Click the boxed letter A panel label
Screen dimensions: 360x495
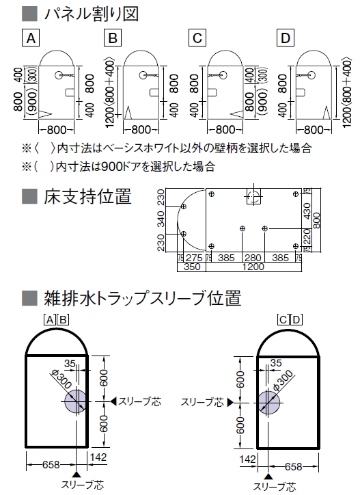pos(31,38)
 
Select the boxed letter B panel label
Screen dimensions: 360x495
pos(113,38)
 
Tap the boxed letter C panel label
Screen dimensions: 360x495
pos(197,38)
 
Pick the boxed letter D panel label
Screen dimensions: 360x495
pos(286,38)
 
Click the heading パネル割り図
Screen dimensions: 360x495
pos(92,14)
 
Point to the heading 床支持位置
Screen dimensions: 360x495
pos(87,196)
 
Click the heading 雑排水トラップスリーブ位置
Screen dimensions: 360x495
pos(143,298)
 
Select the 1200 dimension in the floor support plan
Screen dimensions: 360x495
pos(253,267)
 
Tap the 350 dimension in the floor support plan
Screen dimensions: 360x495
pos(192,267)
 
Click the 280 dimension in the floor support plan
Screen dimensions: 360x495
pos(253,258)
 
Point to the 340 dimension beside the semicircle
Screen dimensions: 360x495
pos(161,219)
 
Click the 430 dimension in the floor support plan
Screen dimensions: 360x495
pos(307,211)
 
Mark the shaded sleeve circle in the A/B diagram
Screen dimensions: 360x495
pos(75,401)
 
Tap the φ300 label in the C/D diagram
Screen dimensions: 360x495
pos(282,381)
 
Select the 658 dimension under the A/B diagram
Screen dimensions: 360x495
pos(51,465)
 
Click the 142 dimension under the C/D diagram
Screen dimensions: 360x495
pos(247,459)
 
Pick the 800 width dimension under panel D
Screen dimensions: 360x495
pos(314,130)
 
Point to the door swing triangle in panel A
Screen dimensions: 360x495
pos(45,114)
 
